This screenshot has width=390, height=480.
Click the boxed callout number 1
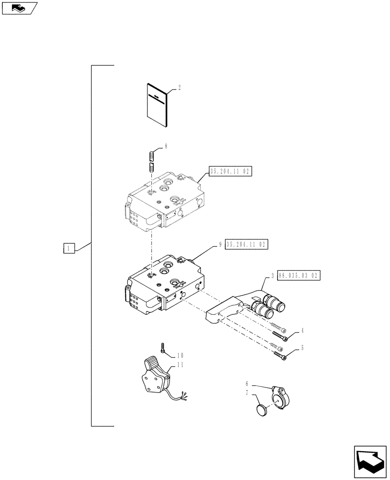click(69, 248)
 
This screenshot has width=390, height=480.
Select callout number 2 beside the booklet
click(179, 88)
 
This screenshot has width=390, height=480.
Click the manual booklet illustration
click(156, 105)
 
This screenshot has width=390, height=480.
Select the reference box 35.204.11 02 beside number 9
click(246, 244)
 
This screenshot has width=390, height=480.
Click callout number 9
click(220, 244)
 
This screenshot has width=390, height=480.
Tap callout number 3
click(272, 276)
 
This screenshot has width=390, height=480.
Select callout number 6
click(247, 384)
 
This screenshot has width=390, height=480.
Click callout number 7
click(247, 393)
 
